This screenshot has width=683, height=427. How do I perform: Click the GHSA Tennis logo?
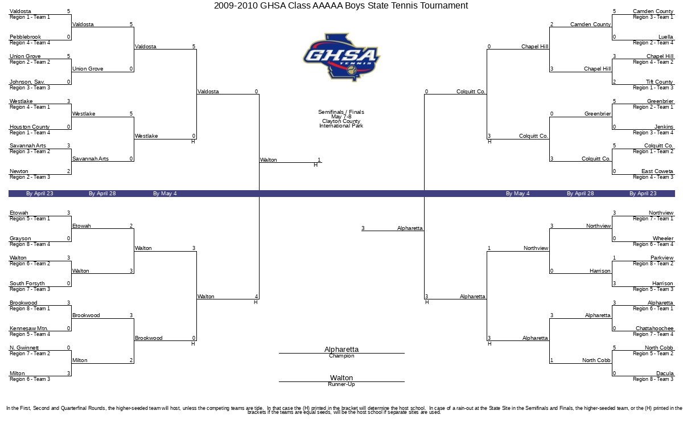(x=341, y=58)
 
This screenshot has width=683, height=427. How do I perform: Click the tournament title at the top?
(x=341, y=6)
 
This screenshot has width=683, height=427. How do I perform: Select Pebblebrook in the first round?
(x=25, y=37)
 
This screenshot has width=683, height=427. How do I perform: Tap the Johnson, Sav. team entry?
(x=27, y=82)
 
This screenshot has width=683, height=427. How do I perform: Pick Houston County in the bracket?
(x=30, y=126)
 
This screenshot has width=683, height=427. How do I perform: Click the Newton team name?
(x=19, y=171)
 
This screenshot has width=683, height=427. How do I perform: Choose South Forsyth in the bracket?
(x=27, y=284)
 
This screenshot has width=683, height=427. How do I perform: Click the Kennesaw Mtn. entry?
(x=29, y=328)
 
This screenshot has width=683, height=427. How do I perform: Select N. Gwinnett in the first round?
(x=24, y=348)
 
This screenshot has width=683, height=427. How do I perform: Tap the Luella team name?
(x=665, y=37)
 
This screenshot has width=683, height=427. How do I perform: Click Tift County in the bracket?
(x=659, y=82)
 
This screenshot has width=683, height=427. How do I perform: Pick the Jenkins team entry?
(x=664, y=126)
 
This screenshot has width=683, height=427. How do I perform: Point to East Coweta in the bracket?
(x=657, y=171)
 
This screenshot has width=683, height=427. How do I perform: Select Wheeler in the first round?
(x=663, y=238)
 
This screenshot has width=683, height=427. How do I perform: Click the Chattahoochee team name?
(x=655, y=328)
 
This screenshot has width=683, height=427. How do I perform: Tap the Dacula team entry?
(x=665, y=373)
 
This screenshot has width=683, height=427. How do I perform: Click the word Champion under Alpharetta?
(x=341, y=356)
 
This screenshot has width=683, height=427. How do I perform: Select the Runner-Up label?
(x=341, y=384)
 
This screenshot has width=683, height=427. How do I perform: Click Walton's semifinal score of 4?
(x=257, y=297)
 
